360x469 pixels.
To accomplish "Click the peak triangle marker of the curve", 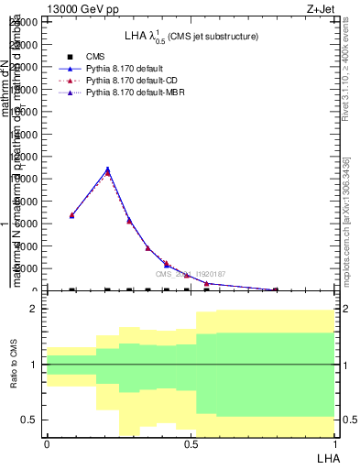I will point(107,169).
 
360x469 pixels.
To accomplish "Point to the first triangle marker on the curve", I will point(72,215).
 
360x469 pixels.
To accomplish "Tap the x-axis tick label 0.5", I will point(191,444).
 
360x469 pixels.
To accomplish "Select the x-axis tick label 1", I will point(334,444).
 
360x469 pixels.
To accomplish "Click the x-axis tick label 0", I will point(47,444).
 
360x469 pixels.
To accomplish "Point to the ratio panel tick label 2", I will point(33,310).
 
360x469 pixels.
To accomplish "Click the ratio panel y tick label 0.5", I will point(29,420).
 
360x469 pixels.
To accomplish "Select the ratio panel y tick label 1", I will point(34,365).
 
